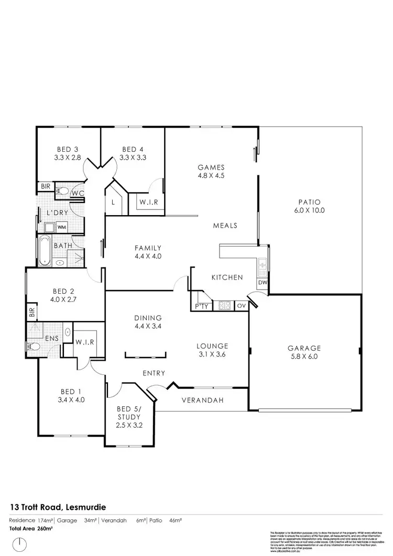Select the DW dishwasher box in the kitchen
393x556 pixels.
262,283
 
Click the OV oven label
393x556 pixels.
242,306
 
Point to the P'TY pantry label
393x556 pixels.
201,306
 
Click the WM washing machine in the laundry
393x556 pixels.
61,227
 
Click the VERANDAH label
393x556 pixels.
200,401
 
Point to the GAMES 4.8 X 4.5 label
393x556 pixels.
211,172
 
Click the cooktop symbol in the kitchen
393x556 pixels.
225,306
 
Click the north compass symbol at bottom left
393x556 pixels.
19,544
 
